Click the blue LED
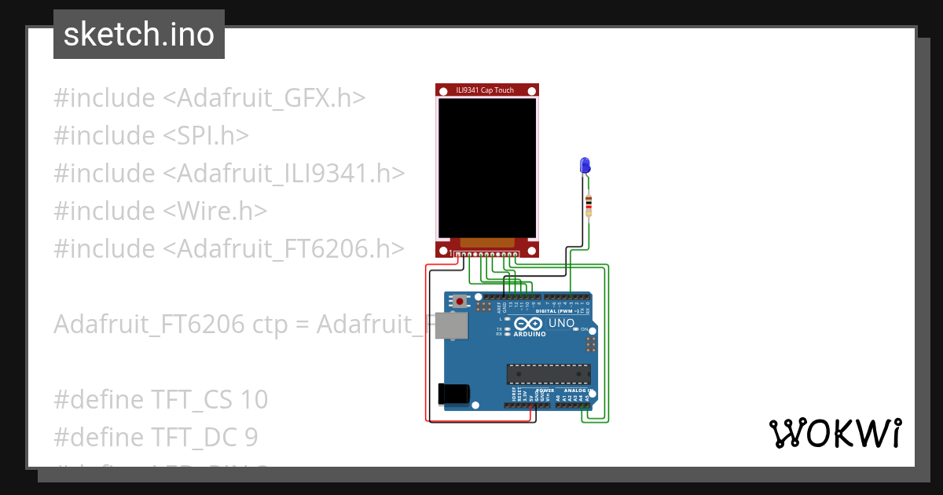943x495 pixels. tap(585, 165)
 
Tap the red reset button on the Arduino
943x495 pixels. tap(459, 301)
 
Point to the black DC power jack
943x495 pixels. tap(454, 394)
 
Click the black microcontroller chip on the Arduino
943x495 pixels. tap(548, 376)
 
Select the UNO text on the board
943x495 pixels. tap(561, 323)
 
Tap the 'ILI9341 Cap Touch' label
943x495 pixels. tap(485, 90)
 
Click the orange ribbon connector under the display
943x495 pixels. tap(487, 244)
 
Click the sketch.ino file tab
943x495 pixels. tap(139, 35)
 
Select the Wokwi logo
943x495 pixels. tap(835, 433)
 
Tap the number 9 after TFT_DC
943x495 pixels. tap(251, 438)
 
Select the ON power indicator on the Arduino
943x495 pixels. tap(583, 329)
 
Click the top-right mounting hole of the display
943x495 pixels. tap(532, 91)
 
